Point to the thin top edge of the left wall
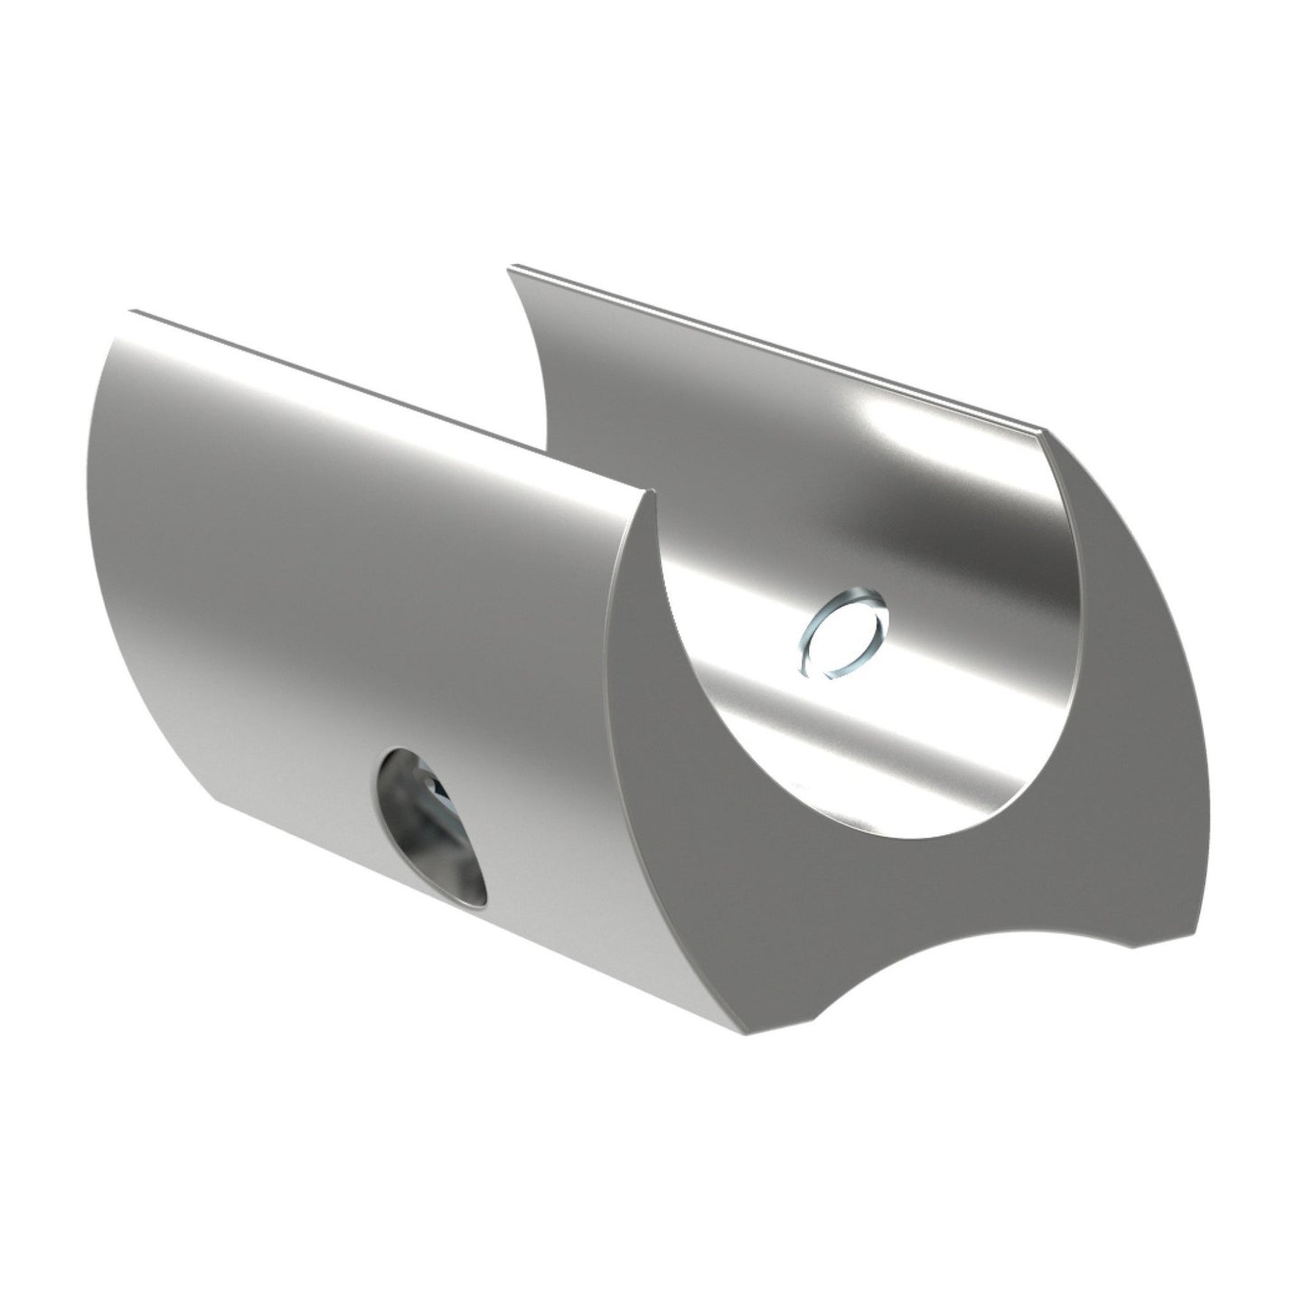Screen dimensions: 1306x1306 click(x=389, y=403)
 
